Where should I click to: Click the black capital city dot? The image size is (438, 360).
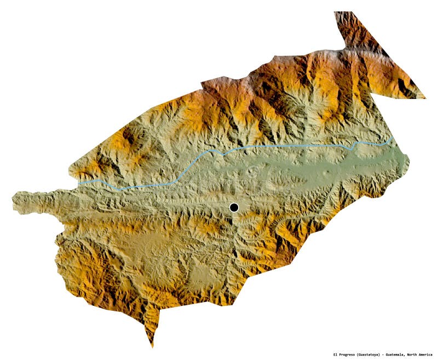(x=234, y=207)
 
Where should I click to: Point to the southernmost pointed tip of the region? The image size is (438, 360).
(x=152, y=347)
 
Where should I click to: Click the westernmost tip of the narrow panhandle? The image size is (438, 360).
(x=13, y=200)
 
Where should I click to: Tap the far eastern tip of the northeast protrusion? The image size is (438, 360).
(x=425, y=98)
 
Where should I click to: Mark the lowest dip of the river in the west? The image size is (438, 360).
(x=122, y=189)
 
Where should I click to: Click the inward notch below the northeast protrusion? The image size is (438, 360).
(x=374, y=94)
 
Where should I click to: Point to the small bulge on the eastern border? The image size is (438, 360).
(x=407, y=161)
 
